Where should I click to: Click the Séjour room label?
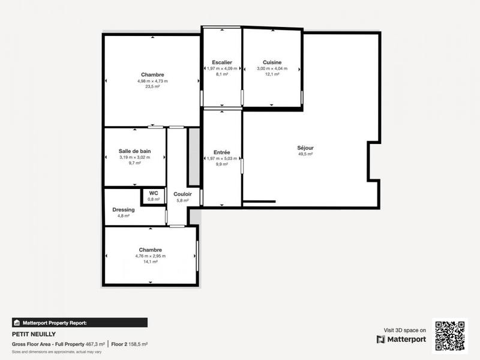tap(305, 148)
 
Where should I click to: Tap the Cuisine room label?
tap(272, 62)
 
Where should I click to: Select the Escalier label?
tap(222, 62)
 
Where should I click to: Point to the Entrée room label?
tap(222, 152)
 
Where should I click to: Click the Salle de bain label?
tap(134, 151)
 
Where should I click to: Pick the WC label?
tap(154, 193)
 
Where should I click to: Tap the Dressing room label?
tap(124, 209)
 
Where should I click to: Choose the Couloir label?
tap(182, 194)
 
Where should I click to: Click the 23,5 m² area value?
tap(152, 86)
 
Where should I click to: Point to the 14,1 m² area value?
tap(151, 262)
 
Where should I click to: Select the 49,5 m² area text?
tap(305, 154)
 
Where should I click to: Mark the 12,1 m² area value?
tap(272, 74)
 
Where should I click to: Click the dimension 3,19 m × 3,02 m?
tap(134, 157)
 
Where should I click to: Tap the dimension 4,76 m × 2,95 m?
tap(151, 256)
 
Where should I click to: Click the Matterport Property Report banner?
tap(80, 322)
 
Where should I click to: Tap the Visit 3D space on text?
tap(405, 330)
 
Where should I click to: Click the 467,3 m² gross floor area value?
tap(94, 344)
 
